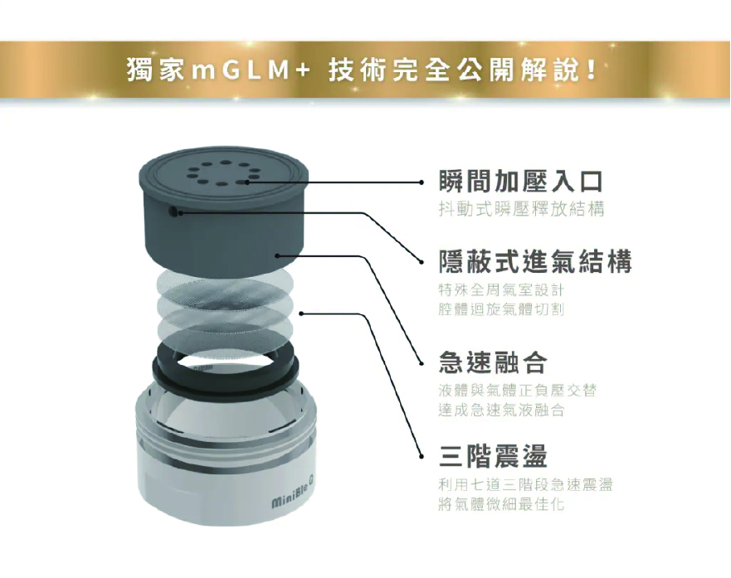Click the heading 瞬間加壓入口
[521, 181]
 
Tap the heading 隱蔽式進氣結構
[535, 261]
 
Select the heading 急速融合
[493, 362]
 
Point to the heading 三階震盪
[493, 455]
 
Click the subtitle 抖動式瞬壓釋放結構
[521, 209]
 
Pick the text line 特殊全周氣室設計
[501, 289]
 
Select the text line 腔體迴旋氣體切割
[501, 308]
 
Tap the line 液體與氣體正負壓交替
[518, 390]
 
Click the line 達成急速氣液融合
[501, 410]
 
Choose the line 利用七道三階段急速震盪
[525, 484]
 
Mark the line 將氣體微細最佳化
[501, 503]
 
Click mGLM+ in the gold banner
[251, 70]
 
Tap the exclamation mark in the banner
[592, 70]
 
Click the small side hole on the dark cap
[173, 212]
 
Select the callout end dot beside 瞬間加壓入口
[422, 182]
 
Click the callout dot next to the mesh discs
[301, 313]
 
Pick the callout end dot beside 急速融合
[422, 363]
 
